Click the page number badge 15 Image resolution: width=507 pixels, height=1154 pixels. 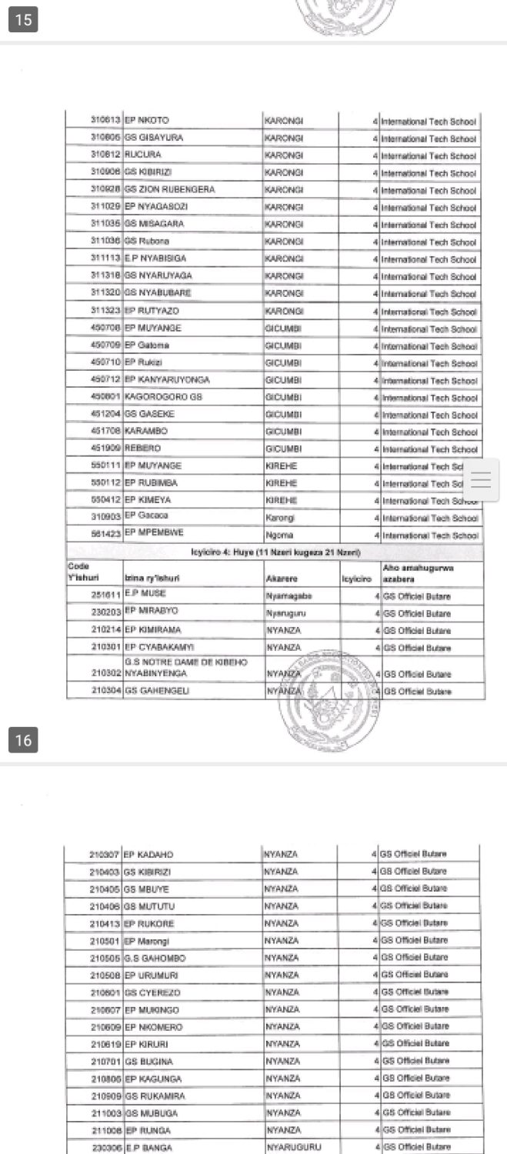click(x=23, y=19)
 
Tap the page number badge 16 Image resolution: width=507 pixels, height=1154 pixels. click(x=23, y=740)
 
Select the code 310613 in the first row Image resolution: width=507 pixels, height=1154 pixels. click(x=105, y=121)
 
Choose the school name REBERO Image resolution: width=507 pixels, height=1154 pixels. click(x=143, y=449)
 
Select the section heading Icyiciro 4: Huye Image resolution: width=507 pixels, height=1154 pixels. click(x=275, y=553)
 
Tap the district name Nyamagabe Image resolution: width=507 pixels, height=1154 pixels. click(x=284, y=595)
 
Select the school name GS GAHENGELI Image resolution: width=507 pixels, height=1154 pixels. click(x=157, y=691)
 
